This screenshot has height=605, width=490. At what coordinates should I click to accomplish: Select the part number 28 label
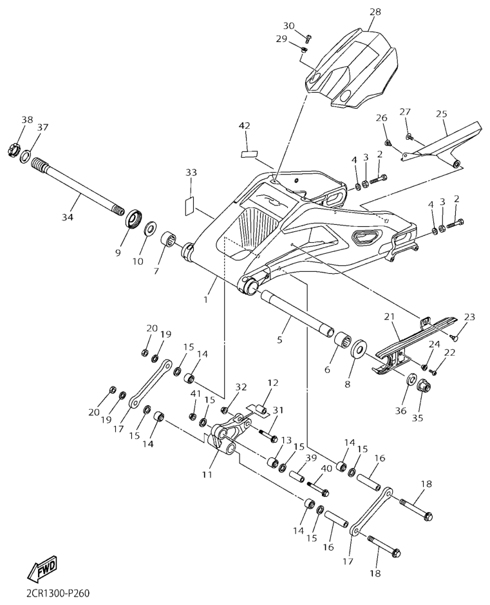click(375, 12)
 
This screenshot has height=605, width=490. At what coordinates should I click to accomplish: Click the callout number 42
click(245, 126)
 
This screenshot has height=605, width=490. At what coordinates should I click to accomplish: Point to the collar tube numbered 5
click(296, 313)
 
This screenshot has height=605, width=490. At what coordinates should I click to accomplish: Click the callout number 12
click(273, 383)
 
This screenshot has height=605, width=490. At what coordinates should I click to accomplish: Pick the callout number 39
click(312, 458)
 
